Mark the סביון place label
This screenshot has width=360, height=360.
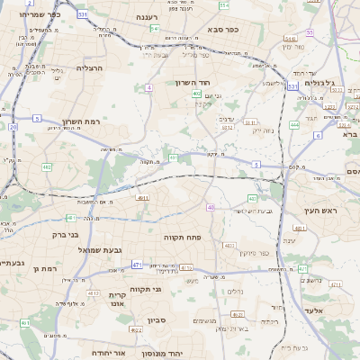click(158, 319)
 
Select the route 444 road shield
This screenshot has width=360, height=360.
click(294, 125)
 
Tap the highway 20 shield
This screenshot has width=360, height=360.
click(13, 127)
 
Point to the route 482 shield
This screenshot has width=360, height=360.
click(47, 166)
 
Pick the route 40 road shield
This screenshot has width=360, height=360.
click(211, 207)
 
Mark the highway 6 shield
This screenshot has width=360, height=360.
click(318, 135)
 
